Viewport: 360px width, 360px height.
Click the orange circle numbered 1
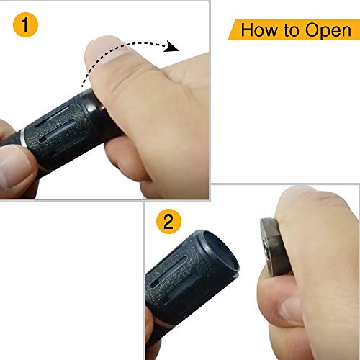pyautogui.click(x=25, y=24)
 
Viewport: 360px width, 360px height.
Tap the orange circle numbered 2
pyautogui.click(x=168, y=221)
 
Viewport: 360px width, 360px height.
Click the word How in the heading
pyautogui.click(x=258, y=30)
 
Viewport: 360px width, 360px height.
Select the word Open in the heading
pyautogui.click(x=328, y=31)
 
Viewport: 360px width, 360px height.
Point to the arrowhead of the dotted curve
pyautogui.click(x=172, y=47)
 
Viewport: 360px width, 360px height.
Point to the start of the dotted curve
pyautogui.click(x=83, y=86)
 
